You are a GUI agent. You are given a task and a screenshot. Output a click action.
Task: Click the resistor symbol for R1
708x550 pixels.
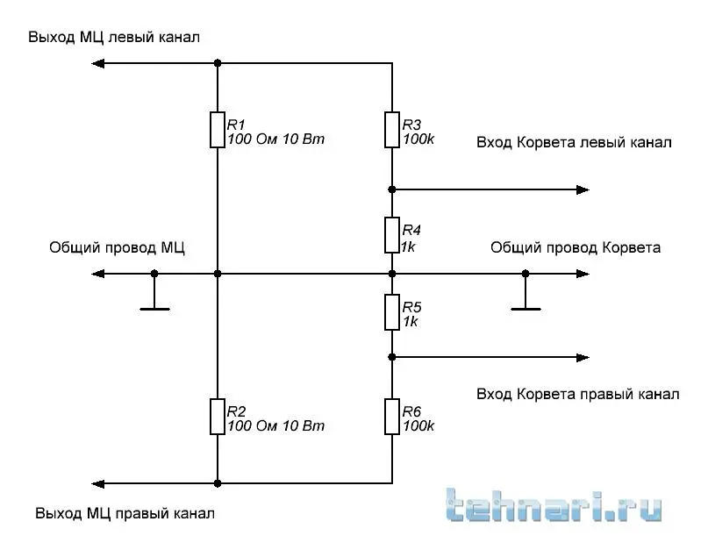click(217, 129)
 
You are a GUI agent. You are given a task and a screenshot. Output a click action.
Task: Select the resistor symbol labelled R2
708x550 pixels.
click(217, 416)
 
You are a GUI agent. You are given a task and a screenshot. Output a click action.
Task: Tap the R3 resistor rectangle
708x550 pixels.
click(392, 129)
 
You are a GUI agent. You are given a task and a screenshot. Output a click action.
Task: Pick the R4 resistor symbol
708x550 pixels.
click(392, 236)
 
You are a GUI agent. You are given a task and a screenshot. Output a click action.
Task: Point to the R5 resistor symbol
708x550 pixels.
click(392, 312)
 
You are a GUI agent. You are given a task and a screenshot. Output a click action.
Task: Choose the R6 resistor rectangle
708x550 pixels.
click(392, 416)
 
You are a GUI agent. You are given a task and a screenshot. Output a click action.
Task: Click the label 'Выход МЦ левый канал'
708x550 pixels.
click(114, 37)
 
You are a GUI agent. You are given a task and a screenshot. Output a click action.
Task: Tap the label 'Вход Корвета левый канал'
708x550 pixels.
click(574, 142)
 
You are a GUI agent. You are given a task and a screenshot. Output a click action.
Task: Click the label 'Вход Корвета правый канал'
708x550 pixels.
click(577, 394)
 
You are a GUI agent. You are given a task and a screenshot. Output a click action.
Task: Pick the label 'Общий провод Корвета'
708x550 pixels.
click(576, 247)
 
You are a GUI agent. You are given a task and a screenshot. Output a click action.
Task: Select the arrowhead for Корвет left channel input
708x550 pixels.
click(583, 189)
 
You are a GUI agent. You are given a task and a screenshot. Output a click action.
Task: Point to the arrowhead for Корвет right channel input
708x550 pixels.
click(583, 357)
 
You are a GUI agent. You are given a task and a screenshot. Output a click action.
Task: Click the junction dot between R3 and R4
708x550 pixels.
click(392, 189)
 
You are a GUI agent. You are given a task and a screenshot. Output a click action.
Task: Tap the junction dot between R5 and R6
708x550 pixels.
click(392, 357)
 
